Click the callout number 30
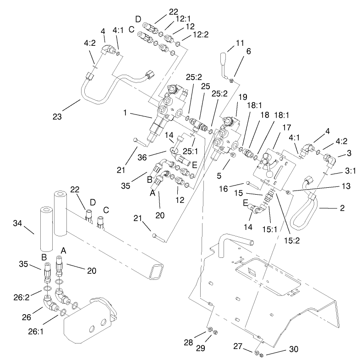click(293, 349)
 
